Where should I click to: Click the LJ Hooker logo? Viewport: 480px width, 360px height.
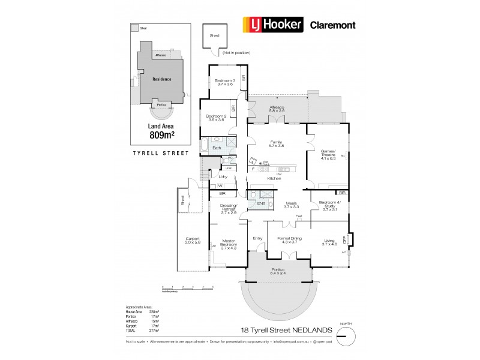(271, 25)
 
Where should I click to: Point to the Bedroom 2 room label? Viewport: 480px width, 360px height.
(215, 118)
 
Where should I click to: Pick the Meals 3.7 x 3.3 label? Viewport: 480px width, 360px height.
(291, 205)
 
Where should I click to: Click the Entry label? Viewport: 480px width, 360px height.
(258, 238)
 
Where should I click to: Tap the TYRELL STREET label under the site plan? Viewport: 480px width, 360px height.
(160, 153)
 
